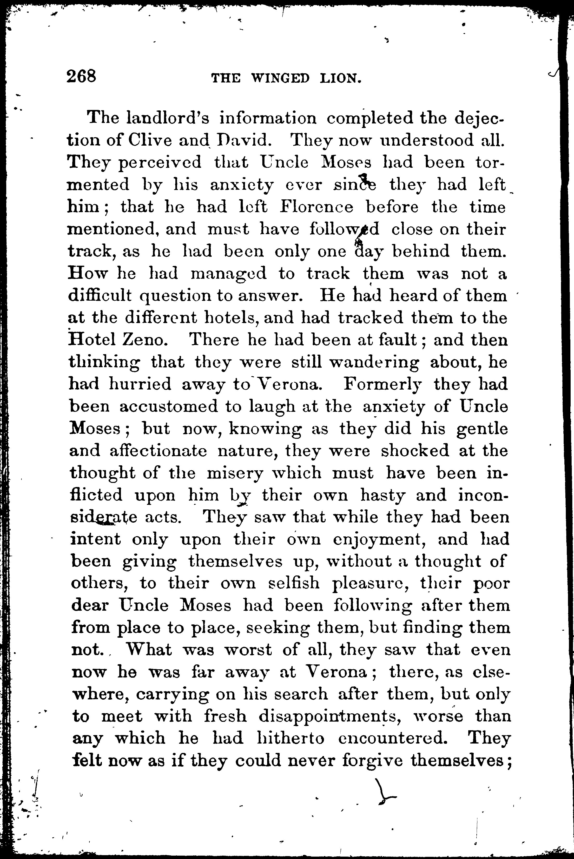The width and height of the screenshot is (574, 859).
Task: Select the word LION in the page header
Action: click(x=340, y=78)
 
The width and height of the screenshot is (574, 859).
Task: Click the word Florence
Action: click(x=317, y=207)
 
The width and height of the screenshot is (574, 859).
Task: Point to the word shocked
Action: click(x=415, y=451)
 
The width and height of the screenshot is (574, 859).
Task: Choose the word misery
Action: click(x=235, y=473)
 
